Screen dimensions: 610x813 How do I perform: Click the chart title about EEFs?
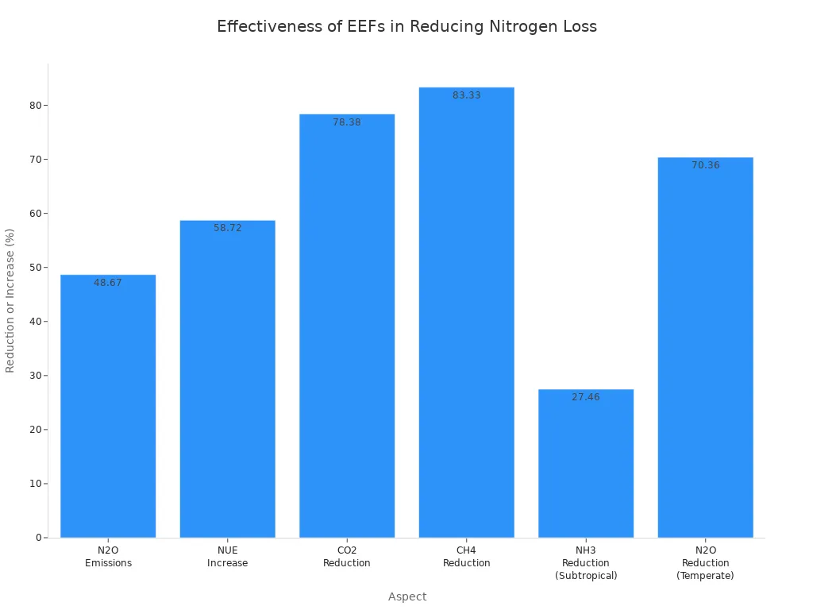406,26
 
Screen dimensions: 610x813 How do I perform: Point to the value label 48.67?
108,283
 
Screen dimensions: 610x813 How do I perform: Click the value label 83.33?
466,95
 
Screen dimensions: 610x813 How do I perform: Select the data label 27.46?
586,397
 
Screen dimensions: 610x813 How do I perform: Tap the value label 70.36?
705,165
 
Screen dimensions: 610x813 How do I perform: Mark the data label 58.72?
227,228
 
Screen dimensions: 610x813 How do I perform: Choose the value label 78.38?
347,122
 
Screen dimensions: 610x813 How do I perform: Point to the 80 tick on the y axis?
36,106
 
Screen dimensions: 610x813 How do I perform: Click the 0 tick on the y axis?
38,538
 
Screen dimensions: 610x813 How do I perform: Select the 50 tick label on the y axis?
36,268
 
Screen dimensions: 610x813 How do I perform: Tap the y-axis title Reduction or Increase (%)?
10,300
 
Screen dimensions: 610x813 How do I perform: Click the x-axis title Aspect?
406,596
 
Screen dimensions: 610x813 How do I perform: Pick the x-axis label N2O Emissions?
108,557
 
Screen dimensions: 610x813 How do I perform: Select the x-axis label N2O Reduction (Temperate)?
705,562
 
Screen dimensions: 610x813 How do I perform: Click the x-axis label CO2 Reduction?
347,557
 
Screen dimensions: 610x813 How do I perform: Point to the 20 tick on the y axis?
36,430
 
